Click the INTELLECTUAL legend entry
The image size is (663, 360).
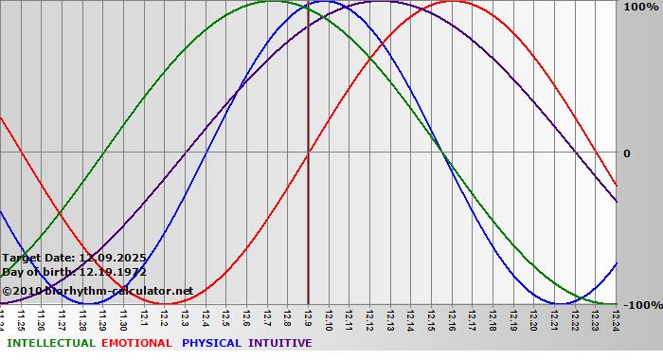tap(50, 343)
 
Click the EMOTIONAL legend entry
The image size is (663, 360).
tap(136, 343)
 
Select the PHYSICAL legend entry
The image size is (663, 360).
tap(212, 343)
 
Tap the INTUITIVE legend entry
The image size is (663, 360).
tap(280, 343)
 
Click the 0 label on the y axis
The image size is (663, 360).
tap(625, 153)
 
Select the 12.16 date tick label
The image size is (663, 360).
tap(452, 317)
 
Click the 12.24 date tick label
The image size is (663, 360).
tap(616, 317)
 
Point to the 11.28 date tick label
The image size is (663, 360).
tap(82, 317)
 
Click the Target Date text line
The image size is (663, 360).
tap(74, 258)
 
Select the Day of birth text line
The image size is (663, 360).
tap(74, 272)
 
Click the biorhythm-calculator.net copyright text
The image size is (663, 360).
tap(97, 291)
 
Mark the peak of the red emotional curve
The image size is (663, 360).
tap(452, 1)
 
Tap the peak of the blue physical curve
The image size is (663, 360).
tap(322, 1)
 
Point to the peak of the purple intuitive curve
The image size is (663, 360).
tap(379, 1)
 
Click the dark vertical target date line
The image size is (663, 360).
tap(308, 189)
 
